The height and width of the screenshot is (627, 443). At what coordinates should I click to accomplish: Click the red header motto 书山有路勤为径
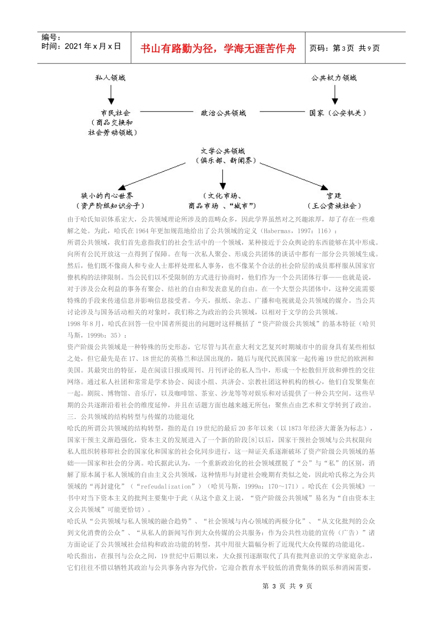point(218,49)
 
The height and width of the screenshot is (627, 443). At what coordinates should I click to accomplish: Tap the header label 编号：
point(51,38)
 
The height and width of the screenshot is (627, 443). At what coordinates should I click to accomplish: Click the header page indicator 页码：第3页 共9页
point(345,48)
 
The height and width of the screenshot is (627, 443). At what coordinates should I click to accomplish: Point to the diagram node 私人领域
point(111,78)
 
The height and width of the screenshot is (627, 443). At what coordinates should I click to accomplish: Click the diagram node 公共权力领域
point(334,78)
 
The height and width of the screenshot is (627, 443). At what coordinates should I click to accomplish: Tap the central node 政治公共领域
point(223,113)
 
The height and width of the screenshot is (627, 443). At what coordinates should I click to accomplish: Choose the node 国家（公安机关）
point(338,113)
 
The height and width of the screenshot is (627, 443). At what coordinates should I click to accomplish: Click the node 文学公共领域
point(223,151)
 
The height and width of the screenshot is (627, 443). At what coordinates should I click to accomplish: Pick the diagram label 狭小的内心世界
point(107,196)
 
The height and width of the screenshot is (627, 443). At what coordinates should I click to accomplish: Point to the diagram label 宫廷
point(334,196)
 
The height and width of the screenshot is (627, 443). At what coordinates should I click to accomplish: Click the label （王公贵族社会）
point(334,206)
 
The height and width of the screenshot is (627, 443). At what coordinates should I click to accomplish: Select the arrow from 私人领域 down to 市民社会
point(111,95)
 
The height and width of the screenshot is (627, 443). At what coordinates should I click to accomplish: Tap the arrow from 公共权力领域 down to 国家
point(334,95)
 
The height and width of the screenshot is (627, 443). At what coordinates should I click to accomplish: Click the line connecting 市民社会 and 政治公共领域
point(166,112)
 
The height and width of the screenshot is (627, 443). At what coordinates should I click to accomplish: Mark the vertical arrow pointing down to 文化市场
point(223,179)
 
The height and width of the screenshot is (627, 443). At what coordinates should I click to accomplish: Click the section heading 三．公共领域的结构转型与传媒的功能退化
point(131,417)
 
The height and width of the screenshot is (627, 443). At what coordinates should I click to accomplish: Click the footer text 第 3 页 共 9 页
point(287,586)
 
